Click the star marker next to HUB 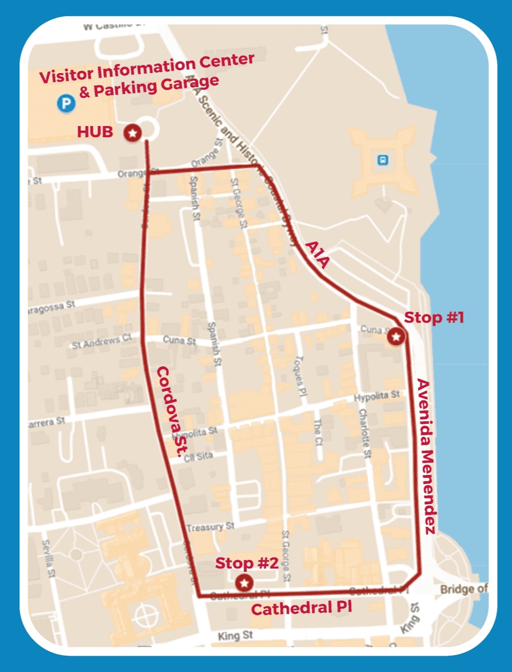[x=132, y=133]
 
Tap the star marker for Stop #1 [x=397, y=337]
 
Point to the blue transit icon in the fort [x=383, y=160]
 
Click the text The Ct [x=318, y=430]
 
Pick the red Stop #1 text [x=434, y=317]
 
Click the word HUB [x=95, y=132]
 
